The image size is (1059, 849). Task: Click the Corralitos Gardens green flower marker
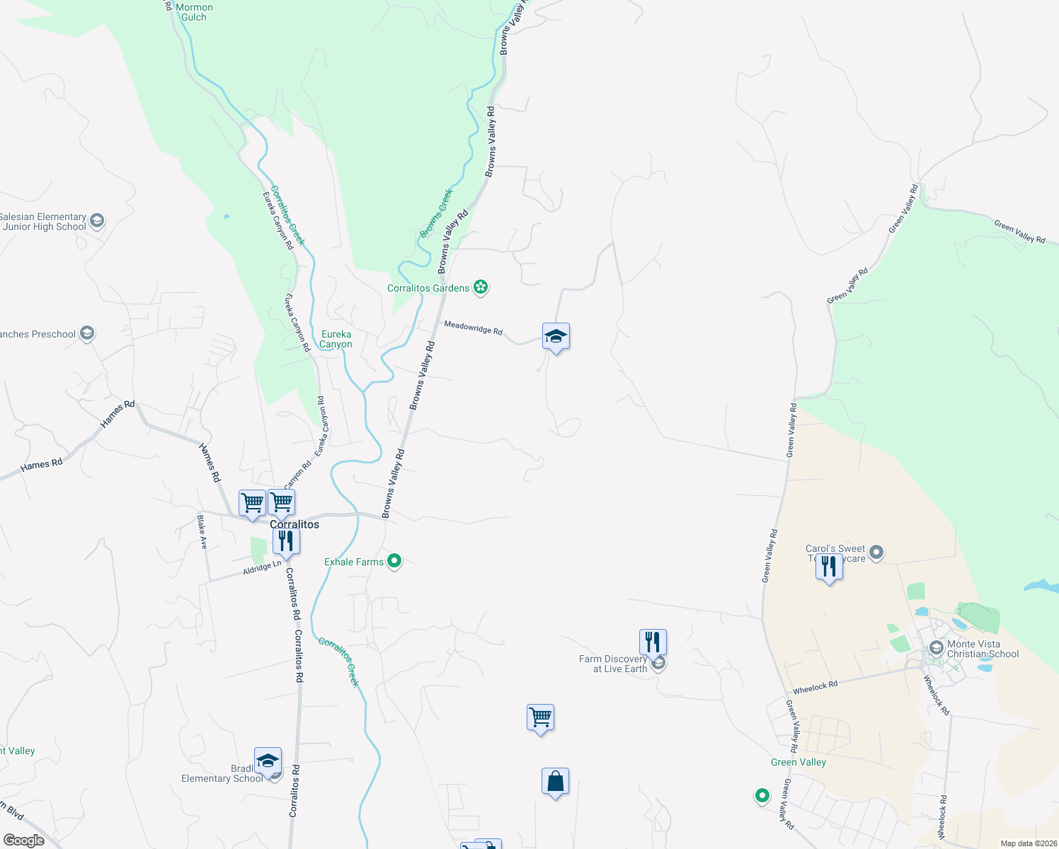coord(481,287)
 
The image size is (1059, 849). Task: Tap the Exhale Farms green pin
coord(395,562)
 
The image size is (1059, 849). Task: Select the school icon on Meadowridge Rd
coord(556,337)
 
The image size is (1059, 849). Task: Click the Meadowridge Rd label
coord(473,328)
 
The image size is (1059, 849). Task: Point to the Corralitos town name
coord(294,524)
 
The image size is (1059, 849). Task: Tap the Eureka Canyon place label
coord(336,339)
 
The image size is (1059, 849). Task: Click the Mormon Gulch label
coord(194,12)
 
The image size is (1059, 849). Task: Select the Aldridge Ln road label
coord(262,567)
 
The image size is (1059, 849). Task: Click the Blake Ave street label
coord(202,532)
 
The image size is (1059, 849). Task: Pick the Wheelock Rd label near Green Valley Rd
coord(815,686)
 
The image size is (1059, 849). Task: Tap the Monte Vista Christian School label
coord(983,649)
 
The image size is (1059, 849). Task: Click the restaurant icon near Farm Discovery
coord(653,642)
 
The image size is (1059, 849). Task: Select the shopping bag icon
coord(556,782)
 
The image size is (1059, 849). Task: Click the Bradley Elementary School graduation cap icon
coord(268,761)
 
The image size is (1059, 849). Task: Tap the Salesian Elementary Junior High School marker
coord(97,221)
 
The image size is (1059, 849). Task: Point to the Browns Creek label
coord(436,213)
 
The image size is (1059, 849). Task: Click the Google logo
coord(23,841)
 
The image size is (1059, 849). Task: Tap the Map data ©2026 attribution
coord(1028,843)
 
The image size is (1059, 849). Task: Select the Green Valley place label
coord(798,762)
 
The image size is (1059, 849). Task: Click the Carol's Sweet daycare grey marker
coord(876,553)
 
